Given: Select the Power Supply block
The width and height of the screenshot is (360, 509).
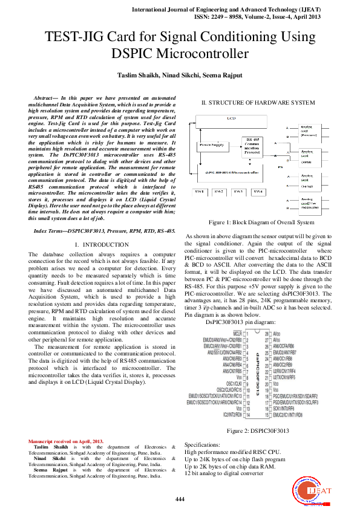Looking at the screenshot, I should (x=212, y=145).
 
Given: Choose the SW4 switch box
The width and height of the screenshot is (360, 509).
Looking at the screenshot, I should (x=258, y=192).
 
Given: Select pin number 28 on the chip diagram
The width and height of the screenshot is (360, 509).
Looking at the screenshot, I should (x=267, y=333).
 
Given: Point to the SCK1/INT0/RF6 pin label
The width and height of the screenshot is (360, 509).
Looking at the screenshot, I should (x=287, y=408).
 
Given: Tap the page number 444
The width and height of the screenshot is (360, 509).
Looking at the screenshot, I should (x=180, y=498).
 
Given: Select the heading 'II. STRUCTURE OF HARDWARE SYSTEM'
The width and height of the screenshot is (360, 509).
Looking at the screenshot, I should (x=255, y=103).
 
